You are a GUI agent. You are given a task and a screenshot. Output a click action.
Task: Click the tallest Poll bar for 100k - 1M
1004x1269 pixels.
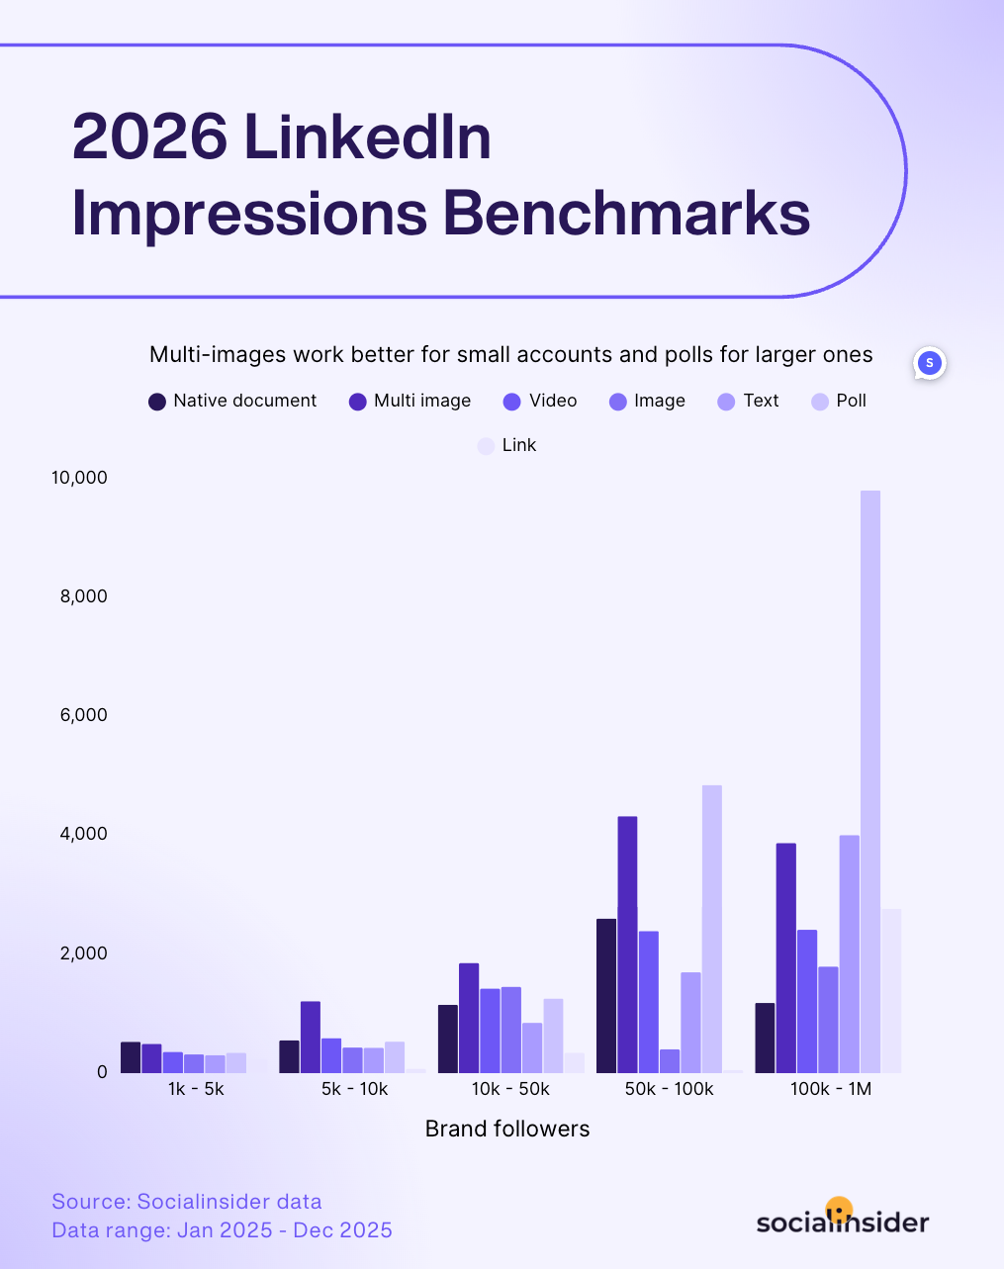click(869, 781)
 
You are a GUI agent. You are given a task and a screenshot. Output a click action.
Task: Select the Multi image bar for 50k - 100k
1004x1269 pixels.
click(627, 945)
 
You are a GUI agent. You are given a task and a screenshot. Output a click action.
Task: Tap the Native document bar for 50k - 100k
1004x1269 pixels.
click(606, 996)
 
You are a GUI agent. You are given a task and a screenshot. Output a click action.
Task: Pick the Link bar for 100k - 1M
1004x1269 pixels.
click(891, 990)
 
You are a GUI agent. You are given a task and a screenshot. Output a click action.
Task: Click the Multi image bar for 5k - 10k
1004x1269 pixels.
click(311, 1037)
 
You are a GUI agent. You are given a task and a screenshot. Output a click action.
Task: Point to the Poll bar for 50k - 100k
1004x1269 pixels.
click(712, 929)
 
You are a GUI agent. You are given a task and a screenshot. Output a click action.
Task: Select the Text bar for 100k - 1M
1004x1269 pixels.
click(849, 953)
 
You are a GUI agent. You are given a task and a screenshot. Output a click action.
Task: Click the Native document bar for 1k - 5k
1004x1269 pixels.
click(131, 1056)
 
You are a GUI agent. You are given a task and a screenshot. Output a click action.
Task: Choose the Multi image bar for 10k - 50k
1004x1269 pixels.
click(469, 1018)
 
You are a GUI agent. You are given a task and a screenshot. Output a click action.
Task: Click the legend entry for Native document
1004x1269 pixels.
click(233, 401)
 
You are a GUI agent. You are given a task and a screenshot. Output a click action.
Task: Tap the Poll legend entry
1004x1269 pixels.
click(839, 401)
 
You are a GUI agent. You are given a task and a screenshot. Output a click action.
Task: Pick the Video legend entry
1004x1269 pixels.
click(540, 401)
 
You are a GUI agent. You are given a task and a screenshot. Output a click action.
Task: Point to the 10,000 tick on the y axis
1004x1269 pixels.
click(79, 478)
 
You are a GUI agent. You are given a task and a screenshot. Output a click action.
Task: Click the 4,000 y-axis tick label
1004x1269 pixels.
click(83, 834)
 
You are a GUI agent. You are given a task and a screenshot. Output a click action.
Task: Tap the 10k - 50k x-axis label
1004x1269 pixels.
click(510, 1089)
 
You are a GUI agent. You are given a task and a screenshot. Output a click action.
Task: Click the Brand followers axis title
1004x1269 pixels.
click(507, 1129)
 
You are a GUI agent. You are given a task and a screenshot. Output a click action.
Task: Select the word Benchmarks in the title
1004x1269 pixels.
click(626, 213)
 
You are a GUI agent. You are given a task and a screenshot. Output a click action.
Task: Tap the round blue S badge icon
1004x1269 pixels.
click(929, 363)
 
